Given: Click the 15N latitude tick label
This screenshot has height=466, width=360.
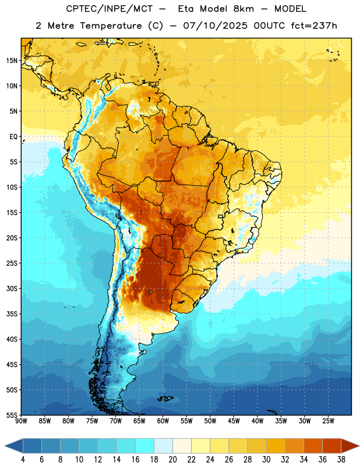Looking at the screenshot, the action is point(12,61).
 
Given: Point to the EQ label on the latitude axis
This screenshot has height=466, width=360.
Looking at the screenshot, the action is point(13,137).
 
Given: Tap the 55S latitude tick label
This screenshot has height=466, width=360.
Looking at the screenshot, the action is point(12,415).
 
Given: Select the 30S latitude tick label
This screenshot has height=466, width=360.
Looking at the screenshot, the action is point(12,288).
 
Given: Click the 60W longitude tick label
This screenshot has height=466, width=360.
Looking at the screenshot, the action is point(163,421).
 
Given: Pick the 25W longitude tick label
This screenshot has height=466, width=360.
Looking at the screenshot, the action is point(328,421).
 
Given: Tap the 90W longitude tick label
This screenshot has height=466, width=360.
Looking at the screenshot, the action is point(21,421).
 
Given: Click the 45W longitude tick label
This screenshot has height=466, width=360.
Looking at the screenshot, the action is point(234,421).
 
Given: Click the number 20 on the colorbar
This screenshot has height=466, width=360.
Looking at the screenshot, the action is point(172,460).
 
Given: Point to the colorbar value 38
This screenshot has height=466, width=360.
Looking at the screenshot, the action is point(341,460).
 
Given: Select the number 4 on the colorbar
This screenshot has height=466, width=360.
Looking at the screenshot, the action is point(23,460).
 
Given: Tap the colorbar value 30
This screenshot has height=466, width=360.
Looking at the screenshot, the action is point(266,460).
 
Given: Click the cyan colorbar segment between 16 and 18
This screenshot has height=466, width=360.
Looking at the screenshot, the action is point(144,446).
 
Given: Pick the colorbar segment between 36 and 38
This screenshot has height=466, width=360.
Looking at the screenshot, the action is point(332,446).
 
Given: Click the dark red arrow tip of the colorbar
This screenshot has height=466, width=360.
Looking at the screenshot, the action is point(358,446).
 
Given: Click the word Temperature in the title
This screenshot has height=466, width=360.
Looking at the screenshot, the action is point(111,26).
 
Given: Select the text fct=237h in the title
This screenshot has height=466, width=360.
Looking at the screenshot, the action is point(314,26).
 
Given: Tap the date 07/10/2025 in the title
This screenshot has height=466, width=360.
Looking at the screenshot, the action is point(215,26).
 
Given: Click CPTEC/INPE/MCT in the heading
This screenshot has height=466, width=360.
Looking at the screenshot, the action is point(109,9).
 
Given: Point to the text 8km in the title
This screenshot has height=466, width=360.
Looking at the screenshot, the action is point(243,9).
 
